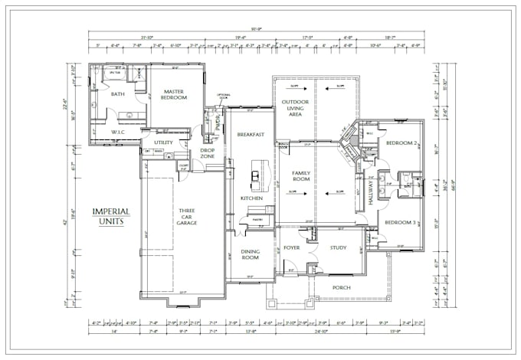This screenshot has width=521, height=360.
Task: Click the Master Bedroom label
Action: coord(175,95)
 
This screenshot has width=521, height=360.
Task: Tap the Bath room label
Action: coord(117,94)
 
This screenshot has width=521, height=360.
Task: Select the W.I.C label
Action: coord(118,132)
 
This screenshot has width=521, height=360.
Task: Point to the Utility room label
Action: coord(162,142)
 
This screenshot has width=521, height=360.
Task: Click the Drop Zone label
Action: coord(207,152)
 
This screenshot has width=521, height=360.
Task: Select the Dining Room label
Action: coord(249,254)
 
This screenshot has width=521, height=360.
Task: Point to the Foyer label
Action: coord(292,248)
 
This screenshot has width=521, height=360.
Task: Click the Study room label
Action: coord(338,248)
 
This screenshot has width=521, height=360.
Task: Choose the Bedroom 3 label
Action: coord(400,222)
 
